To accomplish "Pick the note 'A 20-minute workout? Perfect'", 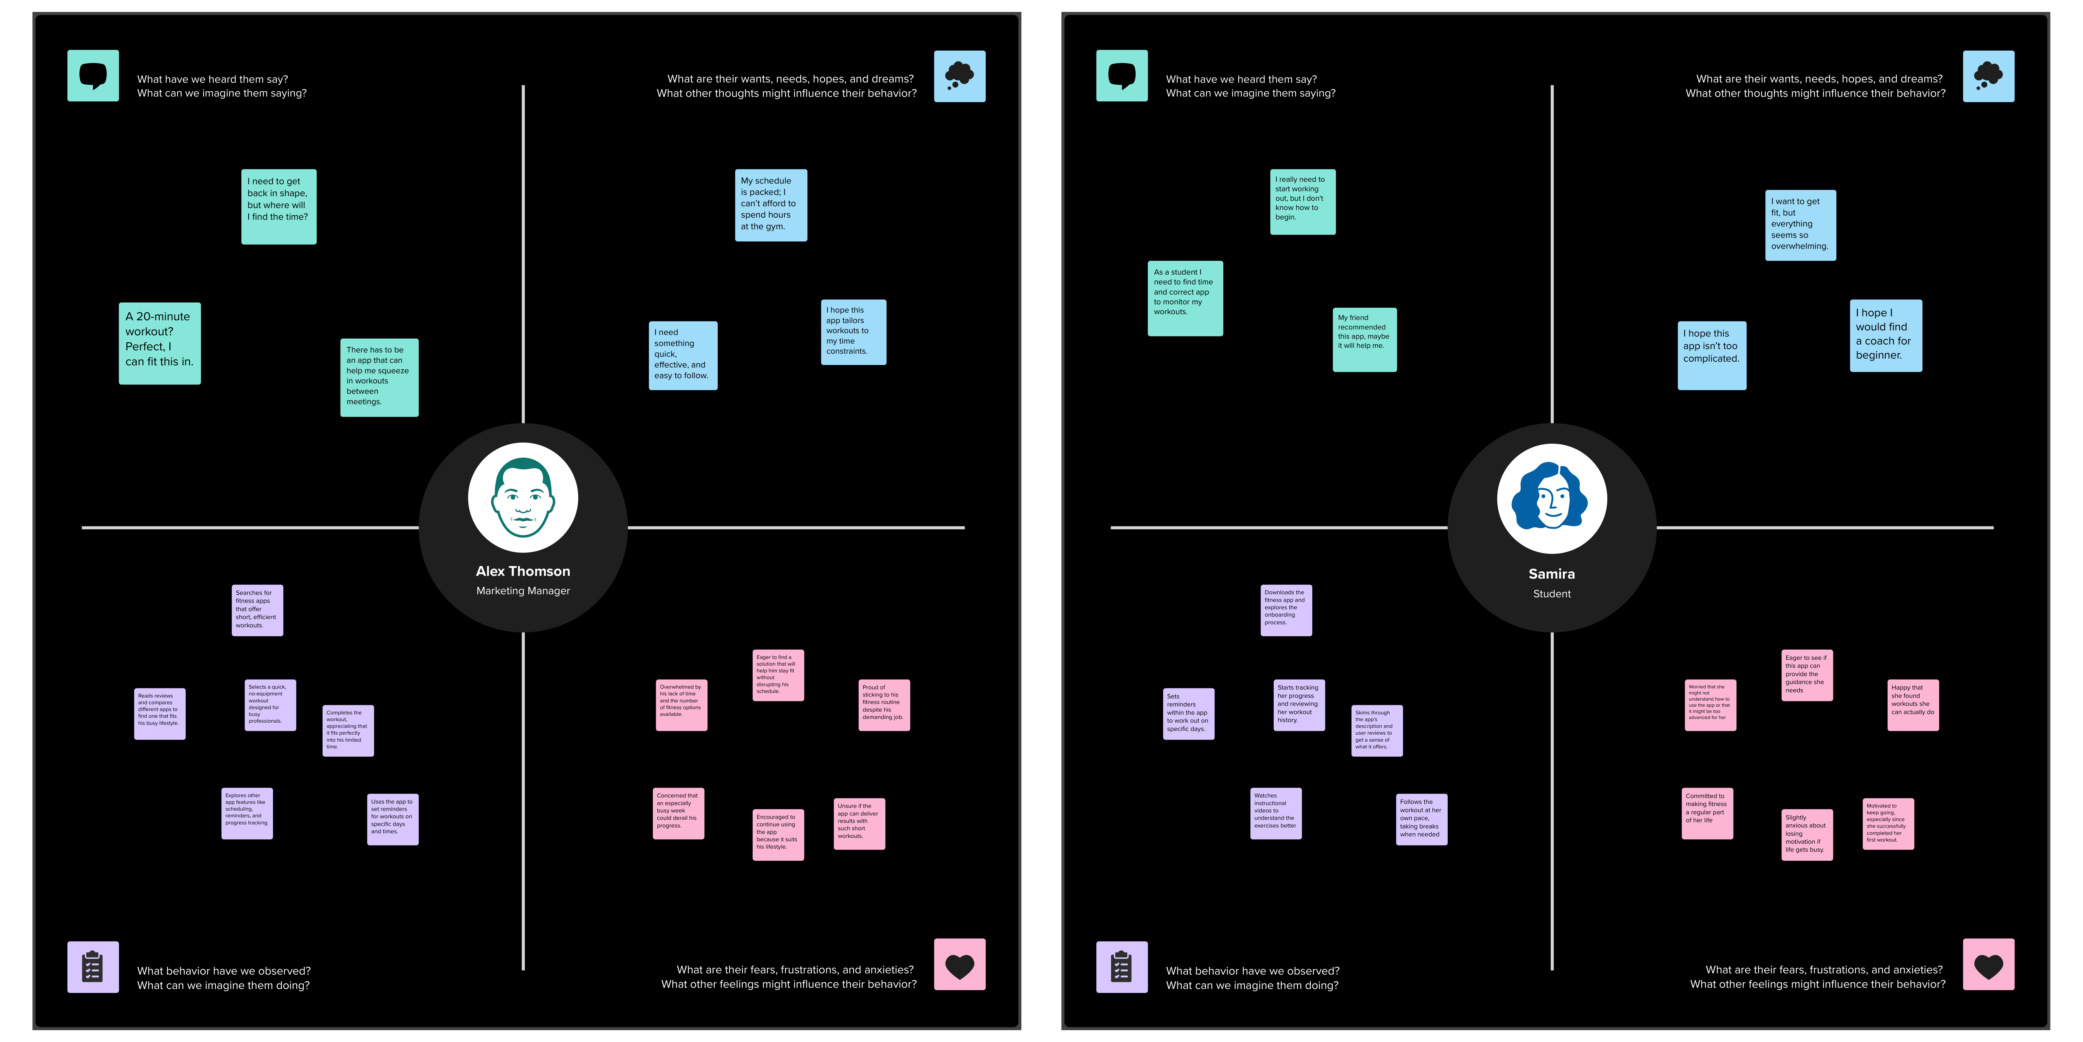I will tap(159, 343).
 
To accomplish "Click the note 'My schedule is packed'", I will tap(771, 205).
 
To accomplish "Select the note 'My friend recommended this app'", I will tap(1364, 339).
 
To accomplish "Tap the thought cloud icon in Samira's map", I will tap(1988, 76).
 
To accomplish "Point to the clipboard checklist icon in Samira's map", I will tap(1121, 967).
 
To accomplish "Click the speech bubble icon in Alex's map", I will tap(93, 76).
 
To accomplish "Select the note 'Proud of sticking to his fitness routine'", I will tap(884, 705).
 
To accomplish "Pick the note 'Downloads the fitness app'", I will tap(1286, 610).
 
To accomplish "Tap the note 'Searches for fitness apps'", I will tap(257, 610).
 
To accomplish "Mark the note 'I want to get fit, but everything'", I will tap(1800, 225).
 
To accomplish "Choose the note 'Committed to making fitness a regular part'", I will tap(1707, 813).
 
